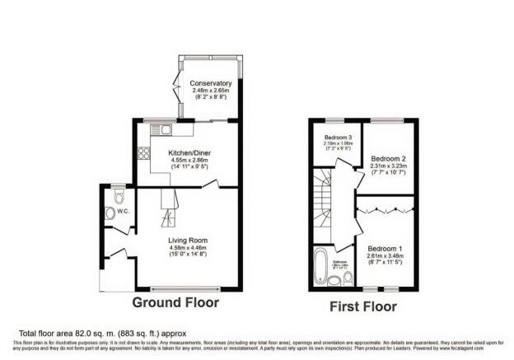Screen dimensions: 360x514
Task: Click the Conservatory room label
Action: (x=211, y=84)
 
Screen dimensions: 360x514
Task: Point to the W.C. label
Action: (x=124, y=211)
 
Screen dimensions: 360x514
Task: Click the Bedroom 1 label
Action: (x=383, y=248)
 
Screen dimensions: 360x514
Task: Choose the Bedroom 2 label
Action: (x=385, y=157)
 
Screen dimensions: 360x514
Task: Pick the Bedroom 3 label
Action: (x=338, y=137)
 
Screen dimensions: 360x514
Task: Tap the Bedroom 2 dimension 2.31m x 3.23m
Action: (x=385, y=166)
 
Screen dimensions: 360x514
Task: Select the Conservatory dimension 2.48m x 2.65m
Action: (x=211, y=91)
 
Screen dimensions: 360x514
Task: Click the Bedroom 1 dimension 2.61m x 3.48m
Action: (x=383, y=256)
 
